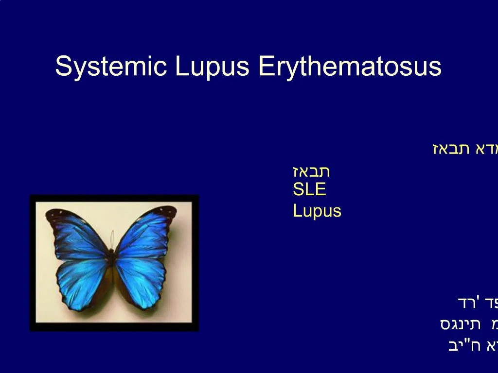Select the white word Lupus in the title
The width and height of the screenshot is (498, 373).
tap(212, 67)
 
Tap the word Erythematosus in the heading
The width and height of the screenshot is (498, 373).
tap(350, 67)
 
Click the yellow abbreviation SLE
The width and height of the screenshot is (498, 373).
tap(309, 189)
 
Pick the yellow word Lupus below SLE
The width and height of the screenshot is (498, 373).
tap(317, 211)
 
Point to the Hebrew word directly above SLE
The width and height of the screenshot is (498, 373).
tap(311, 171)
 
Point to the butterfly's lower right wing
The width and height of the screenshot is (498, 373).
tap(141, 282)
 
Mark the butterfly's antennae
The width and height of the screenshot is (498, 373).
tap(112, 239)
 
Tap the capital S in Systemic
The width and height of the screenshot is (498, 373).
tap(62, 66)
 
